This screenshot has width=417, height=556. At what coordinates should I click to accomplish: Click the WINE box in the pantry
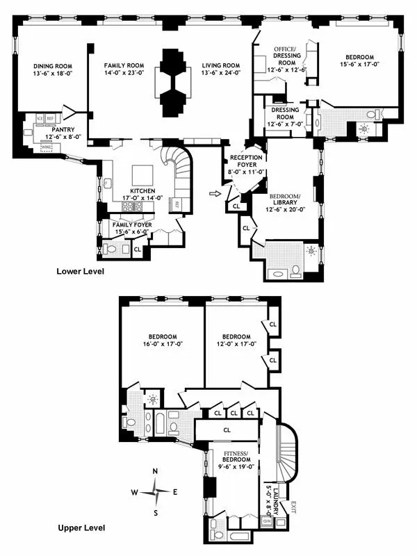click(x=47, y=147)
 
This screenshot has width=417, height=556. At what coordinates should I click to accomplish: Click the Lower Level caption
click(x=80, y=272)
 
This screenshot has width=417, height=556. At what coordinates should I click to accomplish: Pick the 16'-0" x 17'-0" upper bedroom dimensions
click(x=161, y=343)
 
